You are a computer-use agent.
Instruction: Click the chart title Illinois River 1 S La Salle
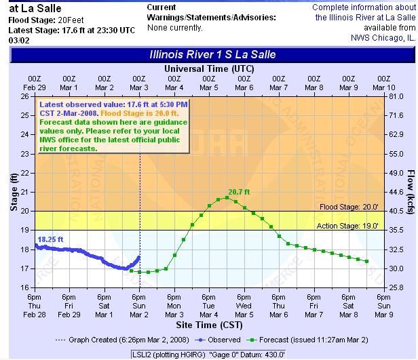pyautogui.click(x=212, y=54)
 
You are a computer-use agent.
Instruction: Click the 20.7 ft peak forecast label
pyautogui.click(x=239, y=192)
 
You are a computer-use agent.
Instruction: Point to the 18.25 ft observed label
pyautogui.click(x=50, y=239)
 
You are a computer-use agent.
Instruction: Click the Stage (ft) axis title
pyautogui.click(x=13, y=193)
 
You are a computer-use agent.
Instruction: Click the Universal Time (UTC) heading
pyautogui.click(x=209, y=69)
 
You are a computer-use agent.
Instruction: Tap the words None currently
pyautogui.click(x=174, y=28)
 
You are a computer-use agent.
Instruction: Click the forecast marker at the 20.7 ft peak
pyautogui.click(x=227, y=198)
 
